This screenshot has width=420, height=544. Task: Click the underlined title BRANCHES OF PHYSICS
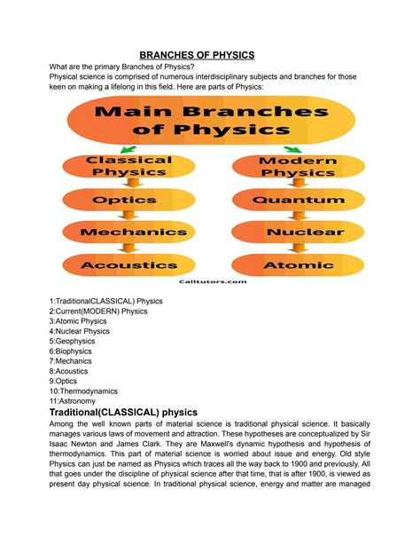[x=210, y=54]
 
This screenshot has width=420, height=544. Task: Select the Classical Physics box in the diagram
[x=129, y=166]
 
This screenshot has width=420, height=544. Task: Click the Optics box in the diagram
[x=129, y=201]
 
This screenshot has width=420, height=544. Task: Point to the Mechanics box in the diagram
[x=129, y=233]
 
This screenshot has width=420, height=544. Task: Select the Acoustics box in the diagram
[x=129, y=264]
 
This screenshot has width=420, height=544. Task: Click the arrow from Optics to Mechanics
[x=129, y=217]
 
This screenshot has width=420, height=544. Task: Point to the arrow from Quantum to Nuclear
[x=290, y=217]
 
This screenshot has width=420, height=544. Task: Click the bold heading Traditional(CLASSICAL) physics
[x=136, y=413]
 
